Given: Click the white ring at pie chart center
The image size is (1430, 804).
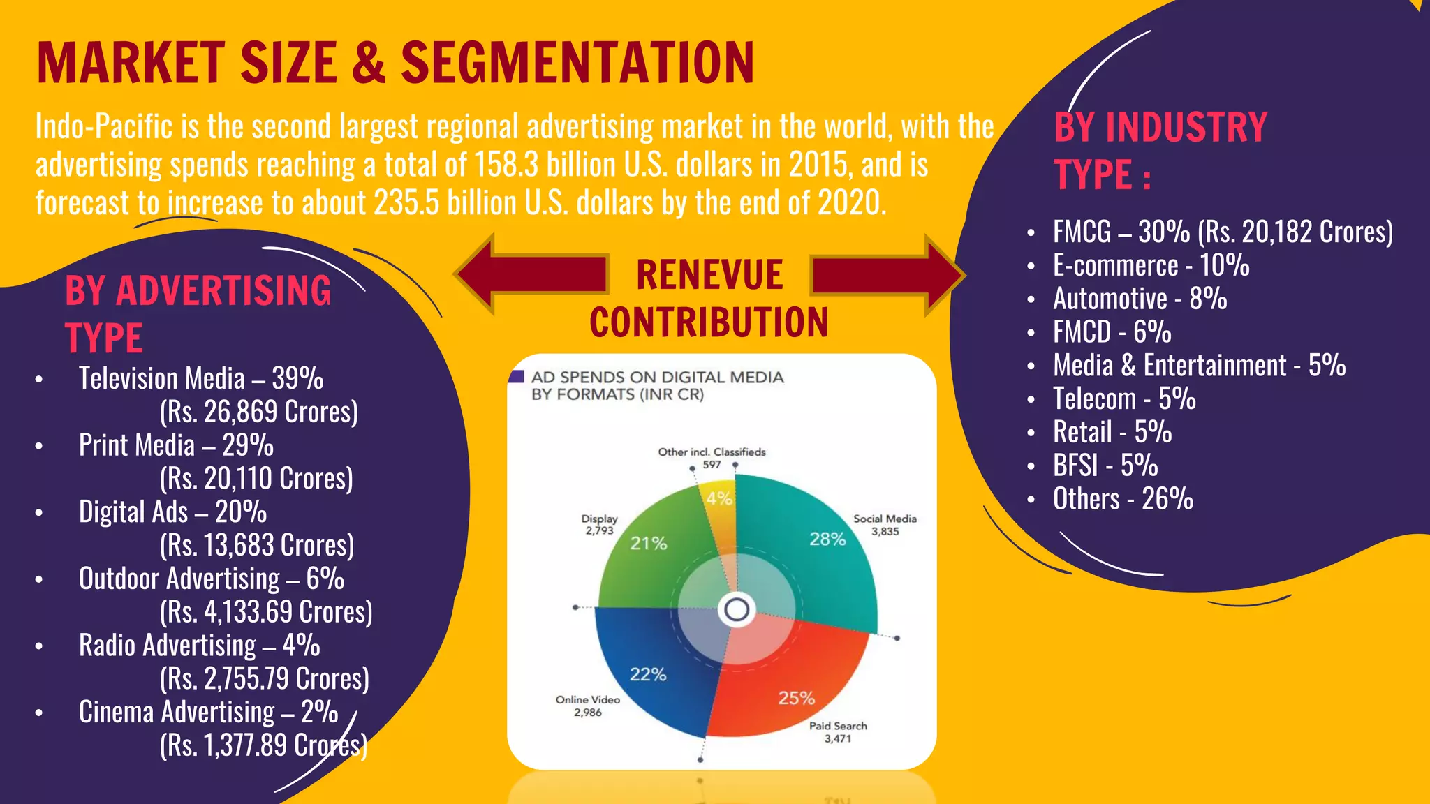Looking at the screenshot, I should (x=737, y=610).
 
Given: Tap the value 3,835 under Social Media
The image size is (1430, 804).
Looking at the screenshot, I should (x=885, y=532).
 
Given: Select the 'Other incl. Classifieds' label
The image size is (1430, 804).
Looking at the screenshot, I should (x=712, y=452).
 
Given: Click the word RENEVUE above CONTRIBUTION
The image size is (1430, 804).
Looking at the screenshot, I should (x=709, y=275).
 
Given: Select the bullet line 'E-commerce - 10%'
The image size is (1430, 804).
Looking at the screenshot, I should (x=1151, y=266).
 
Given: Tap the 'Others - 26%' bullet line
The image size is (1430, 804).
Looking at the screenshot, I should (x=1123, y=499).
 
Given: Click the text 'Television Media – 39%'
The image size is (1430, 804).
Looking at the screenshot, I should (x=201, y=379).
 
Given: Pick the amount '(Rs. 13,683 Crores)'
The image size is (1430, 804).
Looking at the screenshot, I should (x=256, y=546).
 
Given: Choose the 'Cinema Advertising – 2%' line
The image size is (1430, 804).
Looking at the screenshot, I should (x=208, y=713).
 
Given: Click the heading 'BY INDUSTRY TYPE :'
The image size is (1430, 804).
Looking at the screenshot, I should (x=1160, y=150).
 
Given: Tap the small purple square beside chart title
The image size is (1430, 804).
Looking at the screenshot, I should (x=517, y=377).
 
